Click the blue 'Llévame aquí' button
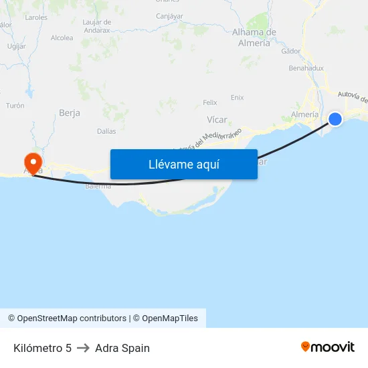183,164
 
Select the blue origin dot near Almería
335,119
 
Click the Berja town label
70,113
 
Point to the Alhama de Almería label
254,37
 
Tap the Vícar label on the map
217,120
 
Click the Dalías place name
106,132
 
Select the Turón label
15,106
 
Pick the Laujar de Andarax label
97,26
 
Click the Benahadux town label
306,68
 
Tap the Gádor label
291,51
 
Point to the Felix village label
210,102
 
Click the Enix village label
237,98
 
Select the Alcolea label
62,38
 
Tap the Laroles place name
36,17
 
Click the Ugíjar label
16,46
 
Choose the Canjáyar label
169,16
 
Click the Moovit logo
328,347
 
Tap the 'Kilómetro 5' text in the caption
42,348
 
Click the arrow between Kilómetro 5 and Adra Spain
83,348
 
